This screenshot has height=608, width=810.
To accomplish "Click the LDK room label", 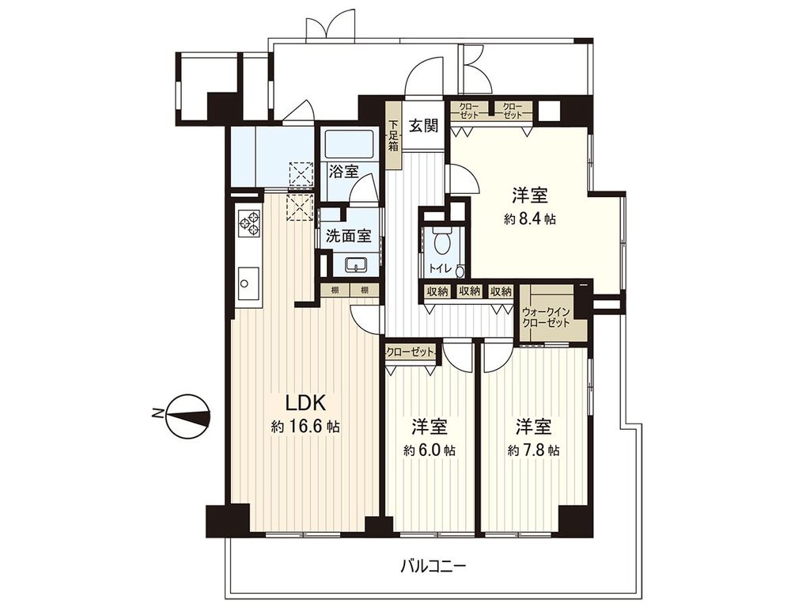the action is (305, 403).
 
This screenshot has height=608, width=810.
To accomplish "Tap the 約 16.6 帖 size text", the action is (305, 427).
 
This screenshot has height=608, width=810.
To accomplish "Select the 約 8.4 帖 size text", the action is (530, 219).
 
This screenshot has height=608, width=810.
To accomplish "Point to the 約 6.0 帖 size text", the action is (430, 450).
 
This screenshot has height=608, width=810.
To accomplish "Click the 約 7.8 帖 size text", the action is (533, 450).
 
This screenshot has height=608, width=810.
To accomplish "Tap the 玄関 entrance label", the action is (424, 126).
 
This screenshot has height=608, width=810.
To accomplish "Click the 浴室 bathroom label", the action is (343, 171).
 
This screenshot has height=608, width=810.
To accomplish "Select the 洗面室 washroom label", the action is (349, 236).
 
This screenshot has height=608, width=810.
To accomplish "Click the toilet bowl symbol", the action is (441, 241).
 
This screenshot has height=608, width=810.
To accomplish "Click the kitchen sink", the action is (248, 283).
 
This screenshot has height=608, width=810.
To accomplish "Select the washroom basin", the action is (357, 265).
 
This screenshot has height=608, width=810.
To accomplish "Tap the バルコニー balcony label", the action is (434, 566).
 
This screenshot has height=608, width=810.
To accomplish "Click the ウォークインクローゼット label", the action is (546, 317).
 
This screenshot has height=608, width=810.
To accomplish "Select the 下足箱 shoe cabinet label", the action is (394, 135).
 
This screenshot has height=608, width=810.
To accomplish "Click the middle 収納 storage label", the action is (469, 291).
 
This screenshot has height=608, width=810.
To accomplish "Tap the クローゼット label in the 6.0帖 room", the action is (411, 352).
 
